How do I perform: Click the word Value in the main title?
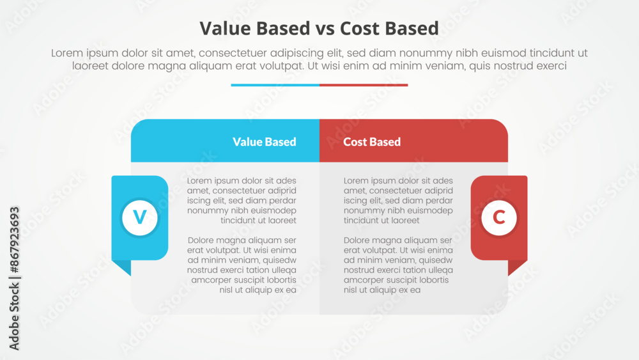tap(226, 29)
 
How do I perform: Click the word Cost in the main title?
tap(359, 29)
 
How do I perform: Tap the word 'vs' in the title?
tap(325, 30)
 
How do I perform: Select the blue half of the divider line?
tap(275, 85)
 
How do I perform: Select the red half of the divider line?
tap(364, 85)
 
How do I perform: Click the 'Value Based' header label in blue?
tap(265, 142)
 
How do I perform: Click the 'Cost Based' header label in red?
tap(372, 142)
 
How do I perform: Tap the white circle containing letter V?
tap(140, 217)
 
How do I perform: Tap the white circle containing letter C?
tap(499, 217)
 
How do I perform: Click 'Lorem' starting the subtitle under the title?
tap(68, 53)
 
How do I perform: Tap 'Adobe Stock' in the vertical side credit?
tap(14, 316)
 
